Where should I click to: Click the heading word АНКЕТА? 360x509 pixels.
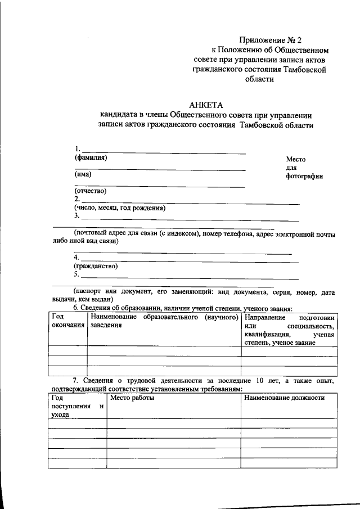pos(205,104)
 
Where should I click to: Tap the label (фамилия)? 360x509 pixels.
pos(91,157)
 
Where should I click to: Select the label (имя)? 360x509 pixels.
pos(83,174)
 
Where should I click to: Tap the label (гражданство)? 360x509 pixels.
pos(95,265)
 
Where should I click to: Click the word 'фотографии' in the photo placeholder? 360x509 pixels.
pos(304,176)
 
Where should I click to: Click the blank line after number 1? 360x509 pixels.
pos(163,152)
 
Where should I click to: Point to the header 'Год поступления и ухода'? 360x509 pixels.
pos(77,406)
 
